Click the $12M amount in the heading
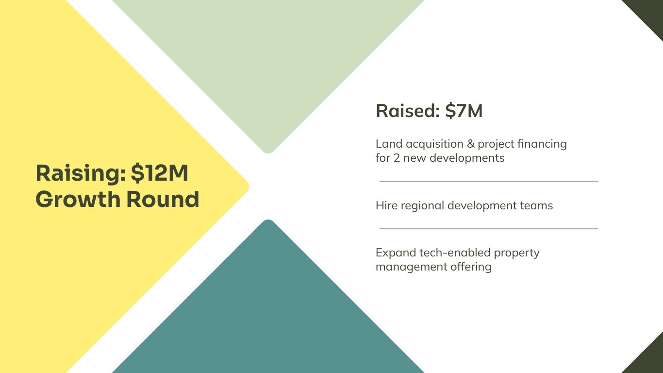160,173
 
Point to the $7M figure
464,111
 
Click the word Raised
408,111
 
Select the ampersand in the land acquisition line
471,144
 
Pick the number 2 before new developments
397,158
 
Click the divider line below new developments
489,181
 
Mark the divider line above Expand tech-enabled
489,229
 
